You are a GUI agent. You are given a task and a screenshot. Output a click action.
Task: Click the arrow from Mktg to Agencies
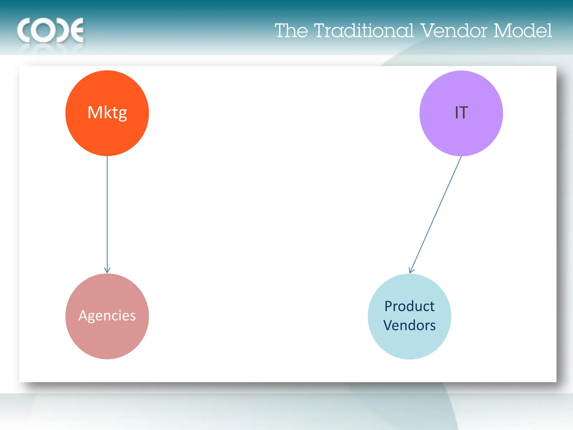point(107,213)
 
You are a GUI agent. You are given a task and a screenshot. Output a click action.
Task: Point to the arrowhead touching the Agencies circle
point(107,270)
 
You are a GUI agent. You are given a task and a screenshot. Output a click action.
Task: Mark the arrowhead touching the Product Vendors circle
point(411,270)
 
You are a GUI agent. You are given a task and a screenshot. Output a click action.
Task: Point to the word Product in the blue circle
point(409,306)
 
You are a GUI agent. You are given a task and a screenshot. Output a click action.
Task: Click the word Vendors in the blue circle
point(409,325)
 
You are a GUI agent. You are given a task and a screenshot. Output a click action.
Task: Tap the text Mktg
point(107,113)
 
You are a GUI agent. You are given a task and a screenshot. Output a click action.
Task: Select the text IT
point(461,113)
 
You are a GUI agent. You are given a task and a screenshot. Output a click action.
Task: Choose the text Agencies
point(107,316)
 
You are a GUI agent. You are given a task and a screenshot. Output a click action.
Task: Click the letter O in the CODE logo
point(44,30)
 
